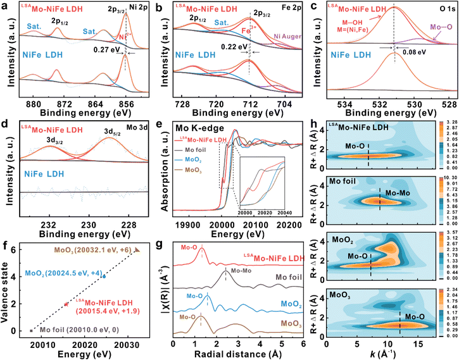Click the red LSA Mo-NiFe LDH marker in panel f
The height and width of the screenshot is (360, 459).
(66, 304)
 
